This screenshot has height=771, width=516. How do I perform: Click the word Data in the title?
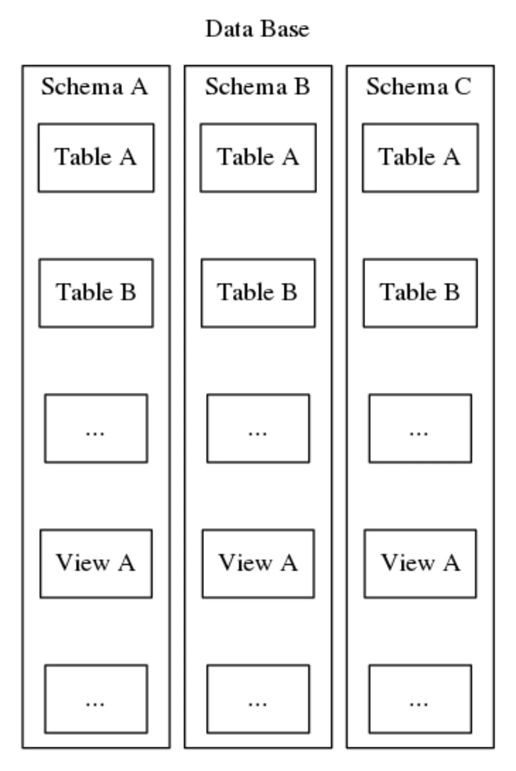click(224, 29)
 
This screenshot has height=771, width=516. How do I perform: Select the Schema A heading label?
click(95, 87)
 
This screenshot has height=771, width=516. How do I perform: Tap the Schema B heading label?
click(257, 87)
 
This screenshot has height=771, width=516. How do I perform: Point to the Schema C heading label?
click(419, 87)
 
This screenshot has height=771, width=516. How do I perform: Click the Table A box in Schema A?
click(96, 157)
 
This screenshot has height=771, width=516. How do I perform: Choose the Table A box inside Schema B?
click(258, 157)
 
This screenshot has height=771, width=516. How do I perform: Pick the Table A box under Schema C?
click(420, 157)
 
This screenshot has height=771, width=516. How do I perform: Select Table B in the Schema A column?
click(96, 293)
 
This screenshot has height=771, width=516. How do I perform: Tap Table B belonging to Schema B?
click(258, 293)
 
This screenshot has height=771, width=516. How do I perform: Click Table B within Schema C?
click(420, 293)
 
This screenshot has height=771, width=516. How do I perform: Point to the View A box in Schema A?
click(96, 563)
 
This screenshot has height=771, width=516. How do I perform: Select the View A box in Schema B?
click(258, 563)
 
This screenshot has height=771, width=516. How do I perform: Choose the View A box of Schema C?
click(420, 563)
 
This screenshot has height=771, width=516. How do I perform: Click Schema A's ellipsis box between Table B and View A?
click(96, 428)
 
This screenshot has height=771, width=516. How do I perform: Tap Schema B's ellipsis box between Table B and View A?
click(258, 428)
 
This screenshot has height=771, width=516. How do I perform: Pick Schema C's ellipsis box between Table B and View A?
click(420, 428)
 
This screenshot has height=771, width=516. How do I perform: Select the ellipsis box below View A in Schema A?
click(96, 699)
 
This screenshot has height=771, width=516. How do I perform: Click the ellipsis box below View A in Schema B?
click(258, 699)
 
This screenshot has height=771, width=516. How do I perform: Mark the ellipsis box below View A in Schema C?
click(420, 699)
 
